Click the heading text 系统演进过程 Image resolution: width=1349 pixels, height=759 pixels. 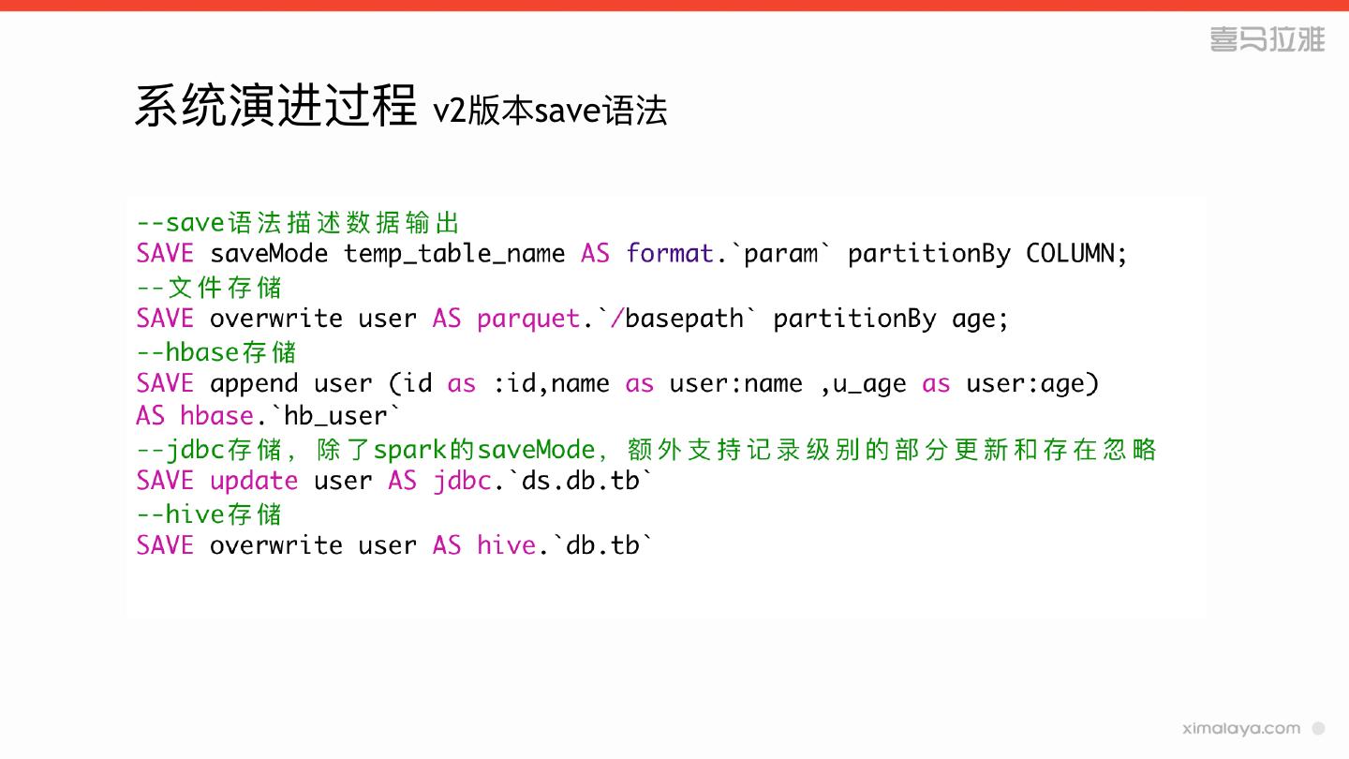click(275, 106)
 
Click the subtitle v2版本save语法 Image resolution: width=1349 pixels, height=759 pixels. click(550, 111)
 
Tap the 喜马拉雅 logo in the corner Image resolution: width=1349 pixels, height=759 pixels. click(1267, 39)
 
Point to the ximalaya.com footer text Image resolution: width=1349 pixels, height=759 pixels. click(1241, 728)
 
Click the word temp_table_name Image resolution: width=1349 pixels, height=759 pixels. click(454, 254)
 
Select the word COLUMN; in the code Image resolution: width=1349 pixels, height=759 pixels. click(1076, 254)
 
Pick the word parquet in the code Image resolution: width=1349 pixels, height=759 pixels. click(528, 319)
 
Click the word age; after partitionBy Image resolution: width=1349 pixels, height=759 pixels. click(980, 319)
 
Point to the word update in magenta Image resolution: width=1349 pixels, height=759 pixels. click(254, 481)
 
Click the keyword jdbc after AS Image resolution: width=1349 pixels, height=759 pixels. click(462, 481)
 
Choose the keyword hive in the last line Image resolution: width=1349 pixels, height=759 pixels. click(506, 545)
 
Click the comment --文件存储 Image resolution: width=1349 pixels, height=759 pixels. click(209, 287)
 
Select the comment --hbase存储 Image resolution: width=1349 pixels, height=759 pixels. click(216, 351)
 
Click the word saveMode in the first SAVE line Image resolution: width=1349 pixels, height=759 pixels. click(269, 254)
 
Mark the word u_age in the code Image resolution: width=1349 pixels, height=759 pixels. click(869, 383)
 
